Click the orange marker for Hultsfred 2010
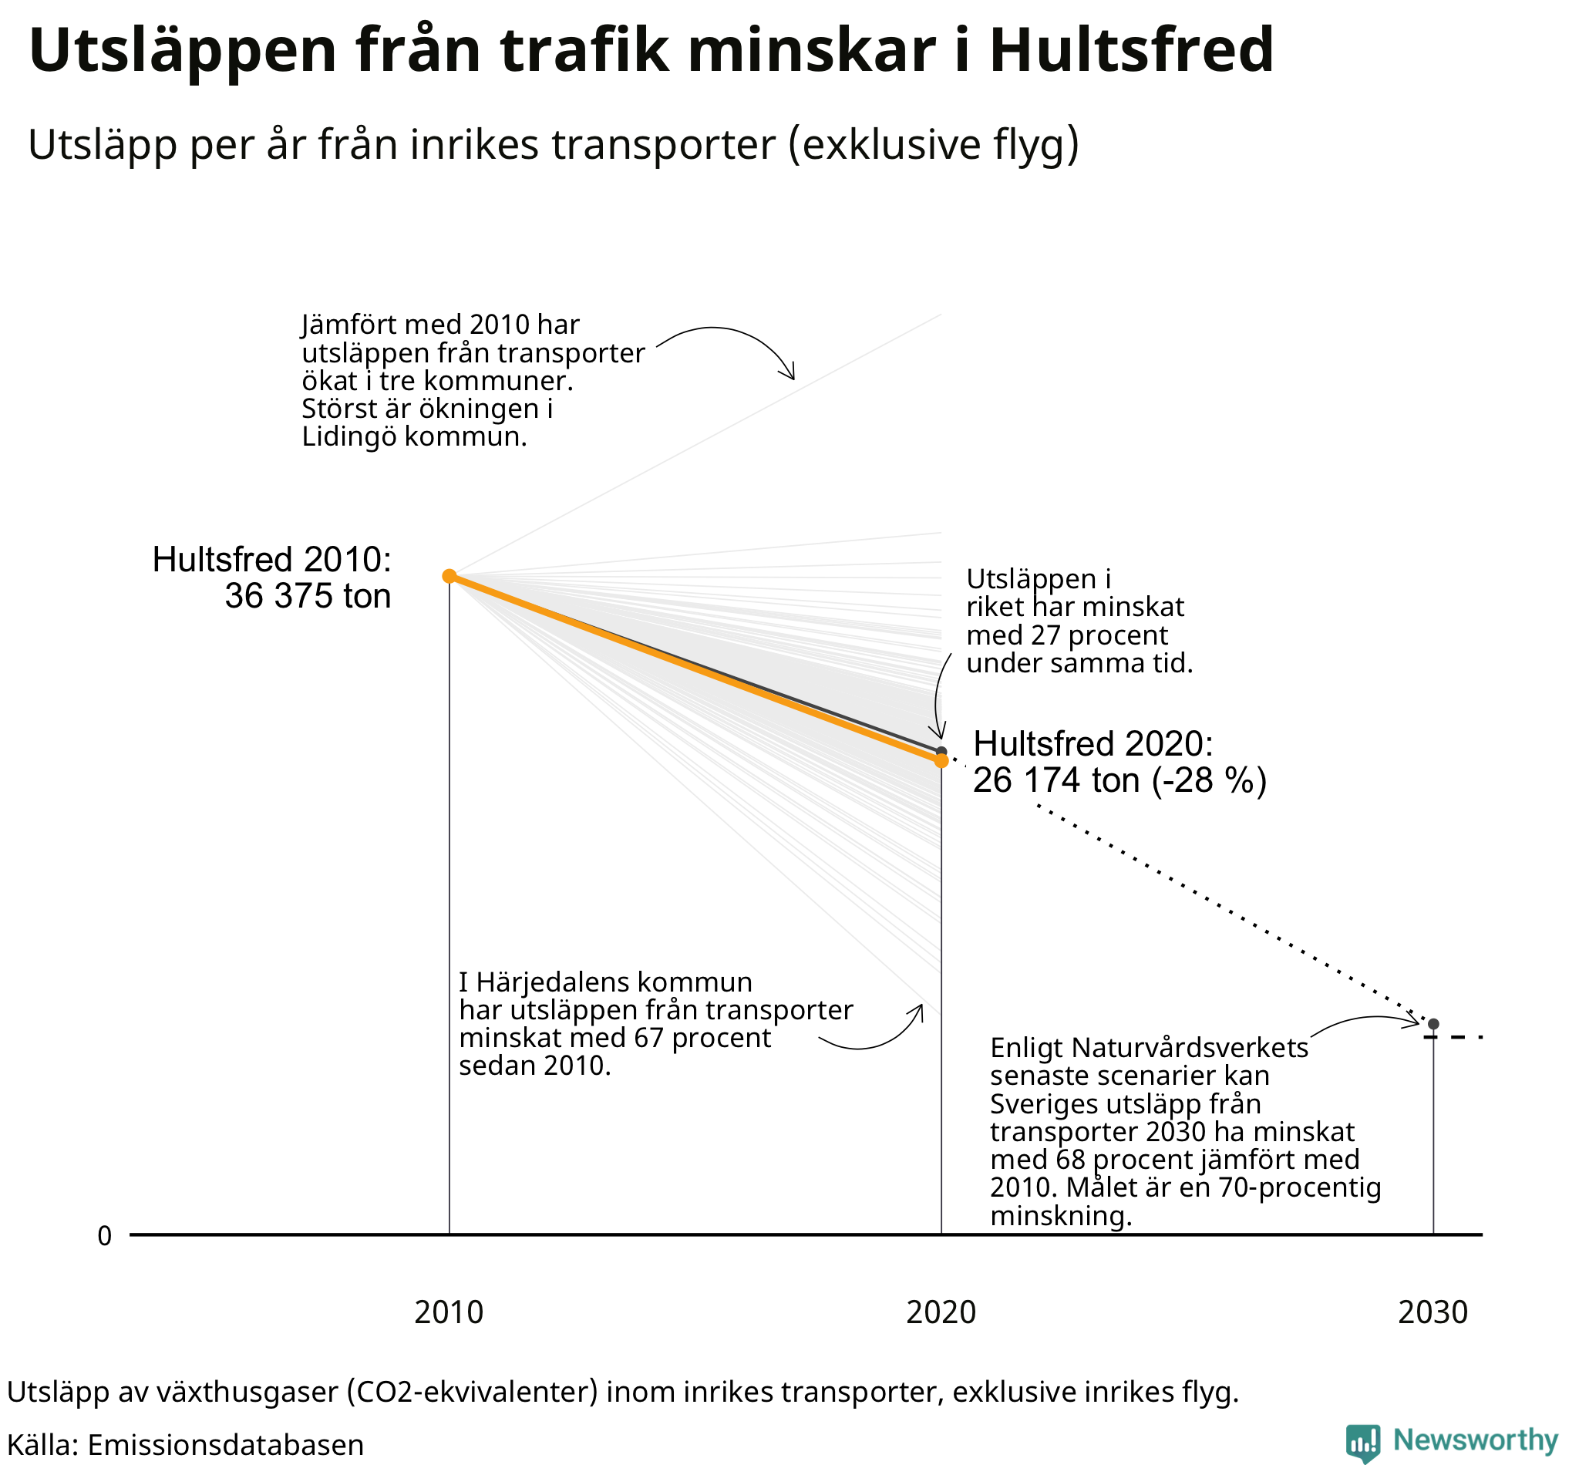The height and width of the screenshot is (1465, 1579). point(449,575)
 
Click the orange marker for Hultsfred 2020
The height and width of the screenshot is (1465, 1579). point(941,760)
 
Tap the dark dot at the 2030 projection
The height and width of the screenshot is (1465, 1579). point(1433,1024)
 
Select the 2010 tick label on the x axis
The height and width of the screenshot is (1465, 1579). point(449,1312)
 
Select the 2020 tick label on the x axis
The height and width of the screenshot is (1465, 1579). point(941,1312)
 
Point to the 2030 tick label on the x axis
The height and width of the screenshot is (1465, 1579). point(1433,1312)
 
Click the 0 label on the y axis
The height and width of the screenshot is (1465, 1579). point(105,1236)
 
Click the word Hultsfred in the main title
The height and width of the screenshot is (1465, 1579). point(1131,51)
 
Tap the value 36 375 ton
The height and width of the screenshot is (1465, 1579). point(308,596)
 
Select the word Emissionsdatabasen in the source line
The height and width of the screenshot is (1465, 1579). point(225,1444)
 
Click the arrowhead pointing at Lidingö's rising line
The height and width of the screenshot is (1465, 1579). point(789,375)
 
